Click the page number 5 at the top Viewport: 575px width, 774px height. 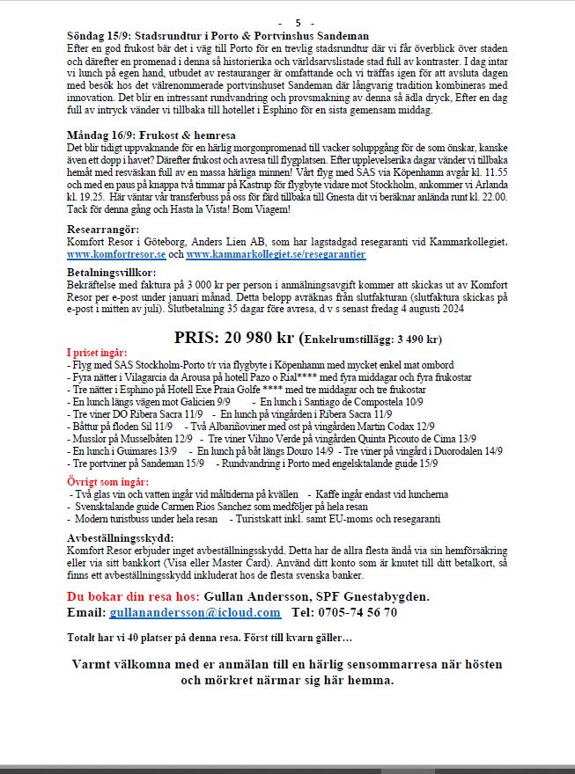click(x=299, y=22)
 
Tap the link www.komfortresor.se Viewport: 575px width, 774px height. click(x=116, y=254)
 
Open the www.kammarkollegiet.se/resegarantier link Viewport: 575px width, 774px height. click(x=276, y=254)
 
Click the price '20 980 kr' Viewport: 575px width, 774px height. click(x=256, y=338)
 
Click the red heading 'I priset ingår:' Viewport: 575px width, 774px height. click(x=103, y=353)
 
